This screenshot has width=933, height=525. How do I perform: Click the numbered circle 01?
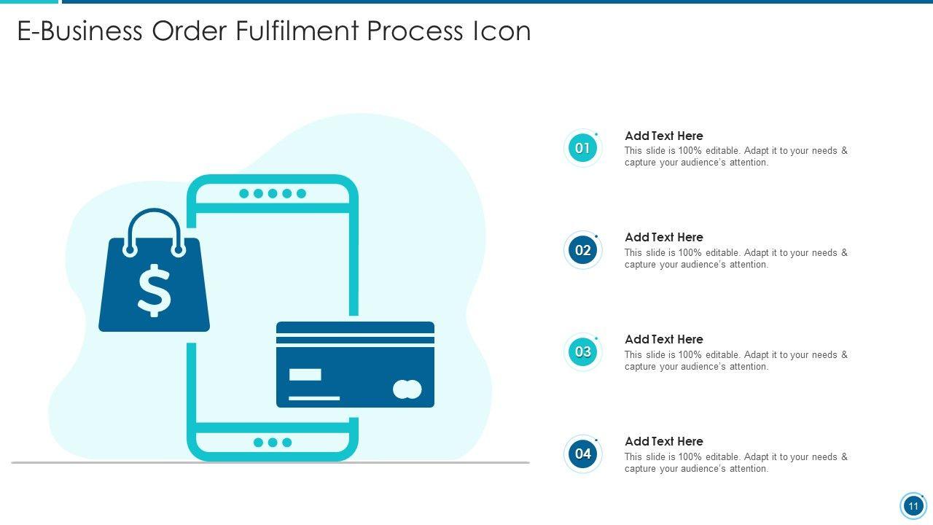[582, 148]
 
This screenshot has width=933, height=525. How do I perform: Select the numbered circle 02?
[582, 250]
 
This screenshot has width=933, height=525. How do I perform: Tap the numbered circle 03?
[582, 352]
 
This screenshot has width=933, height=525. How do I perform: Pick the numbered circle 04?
[582, 454]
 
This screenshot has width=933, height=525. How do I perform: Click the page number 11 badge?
[913, 506]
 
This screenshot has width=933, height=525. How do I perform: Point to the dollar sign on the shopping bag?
[154, 290]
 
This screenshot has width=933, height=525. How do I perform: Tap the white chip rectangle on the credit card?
[305, 375]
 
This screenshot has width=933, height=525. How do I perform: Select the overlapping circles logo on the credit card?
[407, 389]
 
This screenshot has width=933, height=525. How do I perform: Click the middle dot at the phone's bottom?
[273, 443]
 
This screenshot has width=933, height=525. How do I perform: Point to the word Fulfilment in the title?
[297, 31]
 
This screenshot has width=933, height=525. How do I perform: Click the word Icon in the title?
[501, 31]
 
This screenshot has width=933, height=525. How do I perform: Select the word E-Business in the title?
[79, 31]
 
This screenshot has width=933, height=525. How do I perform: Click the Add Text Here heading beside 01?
[664, 136]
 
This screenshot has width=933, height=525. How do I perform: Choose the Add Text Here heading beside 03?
[664, 339]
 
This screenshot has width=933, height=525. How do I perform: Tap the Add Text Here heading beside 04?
[664, 441]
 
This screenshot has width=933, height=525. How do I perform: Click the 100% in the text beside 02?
[690, 252]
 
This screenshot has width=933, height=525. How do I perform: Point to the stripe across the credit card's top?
[355, 341]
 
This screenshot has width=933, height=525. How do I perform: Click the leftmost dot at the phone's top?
[244, 193]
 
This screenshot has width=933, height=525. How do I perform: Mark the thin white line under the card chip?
[314, 398]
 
